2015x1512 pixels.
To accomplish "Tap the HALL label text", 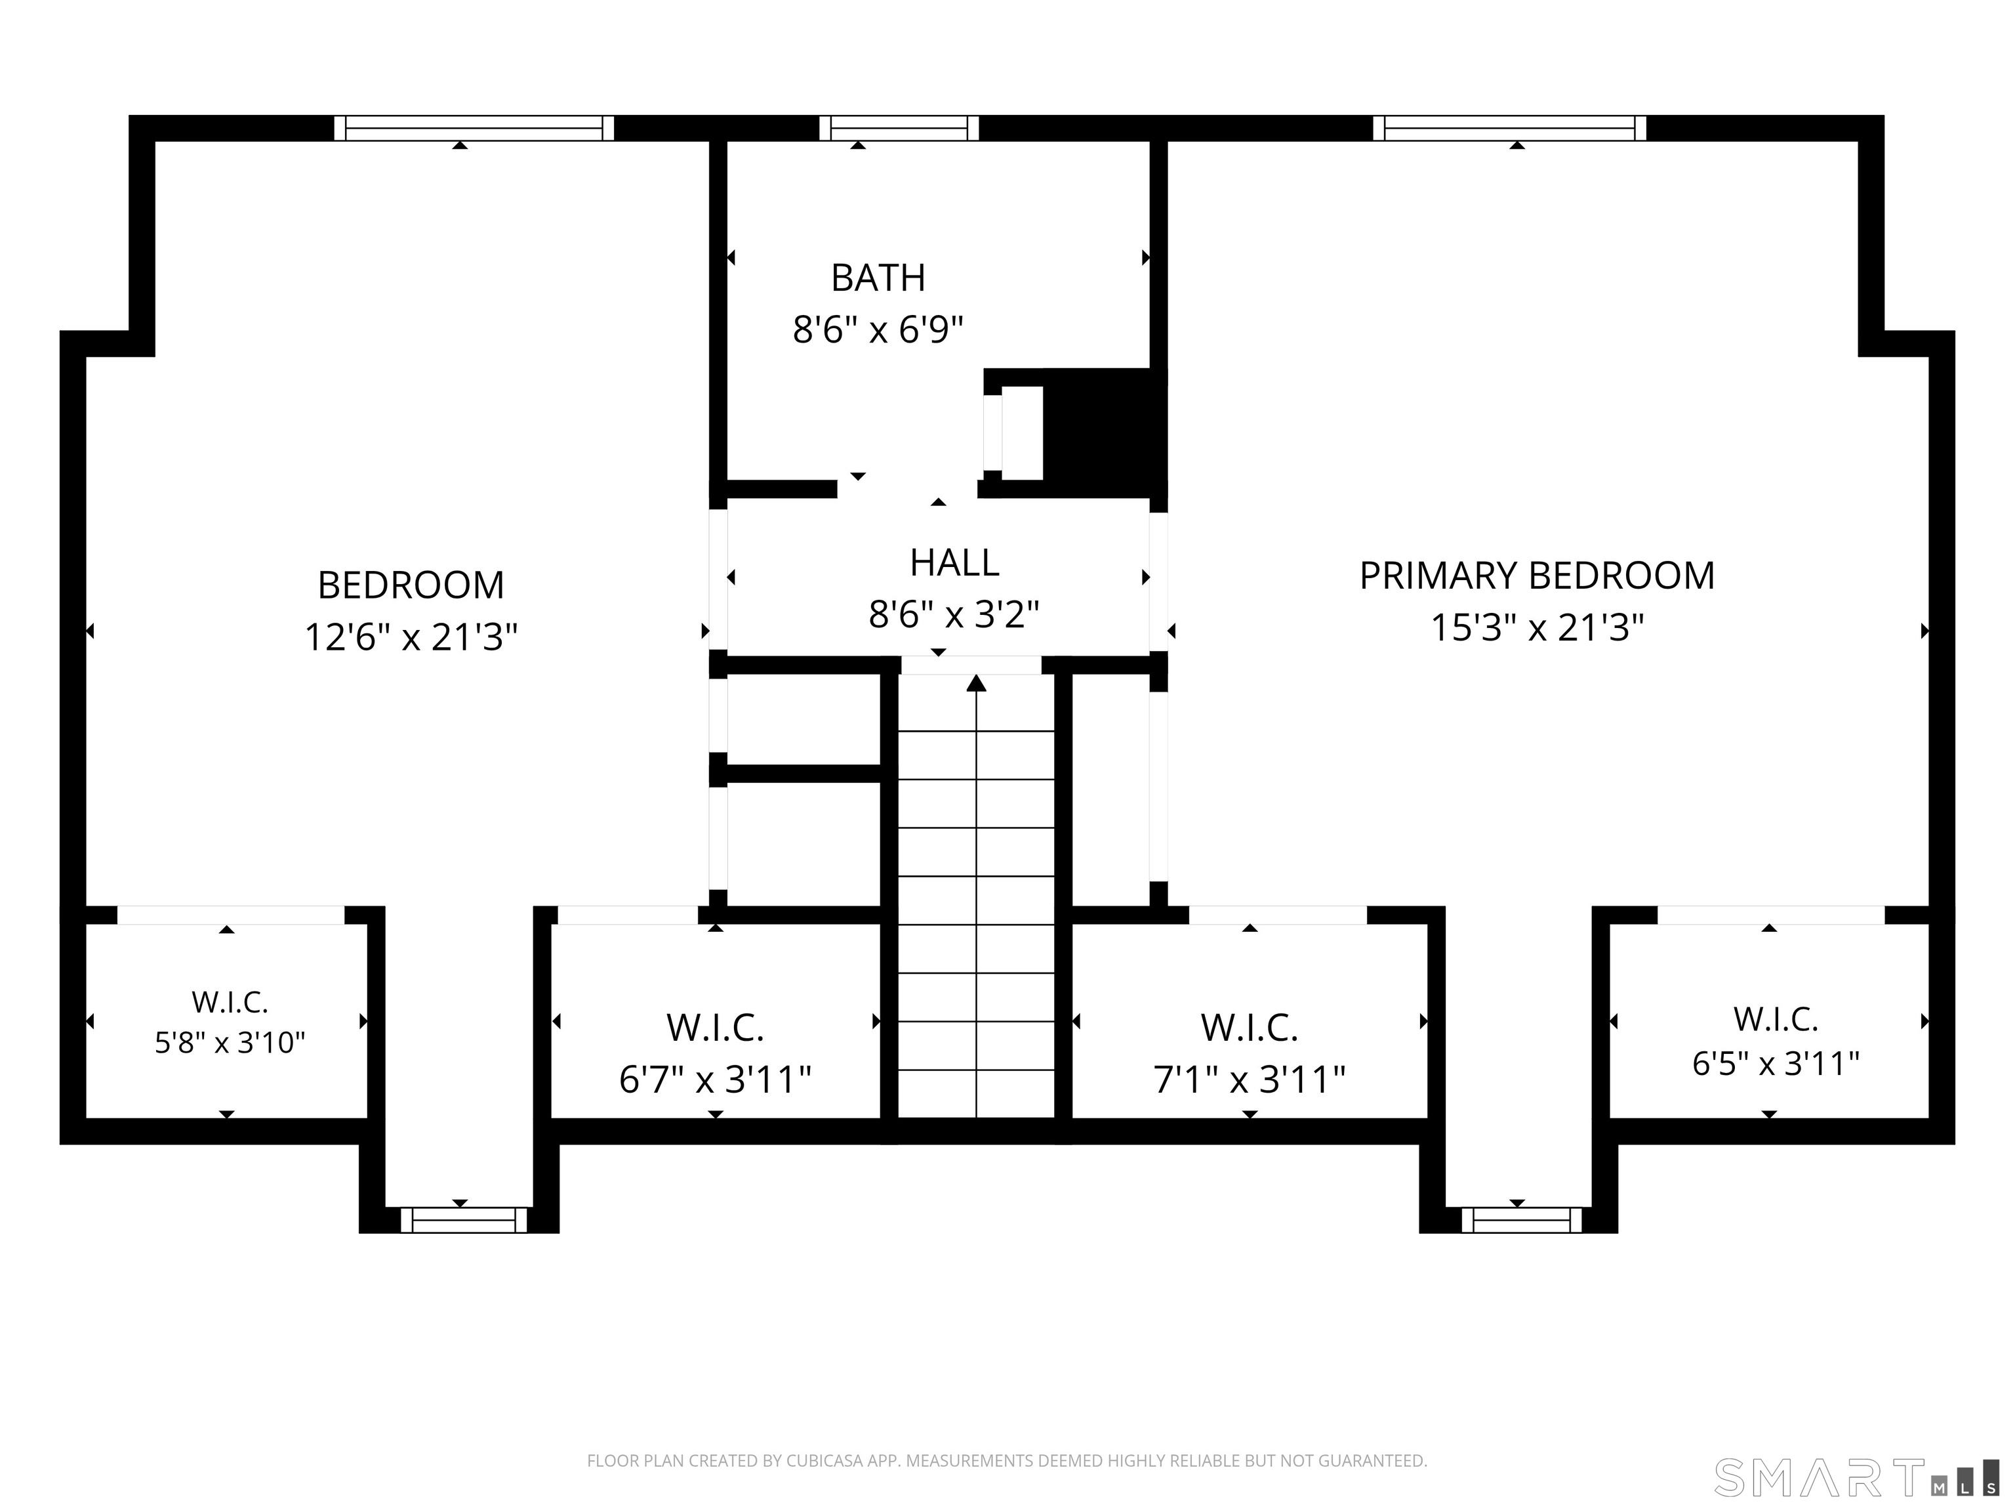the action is pyautogui.click(x=954, y=563).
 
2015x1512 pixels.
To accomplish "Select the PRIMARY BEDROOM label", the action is pyautogui.click(x=1537, y=576).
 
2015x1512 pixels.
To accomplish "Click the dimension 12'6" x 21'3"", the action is pyautogui.click(x=411, y=637).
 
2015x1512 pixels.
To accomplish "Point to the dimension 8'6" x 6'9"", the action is pyautogui.click(x=878, y=329).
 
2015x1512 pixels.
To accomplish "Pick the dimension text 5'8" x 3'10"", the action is pyautogui.click(x=230, y=1041).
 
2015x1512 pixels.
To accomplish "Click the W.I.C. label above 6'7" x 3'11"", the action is pyautogui.click(x=715, y=1028).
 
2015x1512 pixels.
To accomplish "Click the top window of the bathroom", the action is pyautogui.click(x=899, y=129).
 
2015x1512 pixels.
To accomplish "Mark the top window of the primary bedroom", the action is pyautogui.click(x=1509, y=129).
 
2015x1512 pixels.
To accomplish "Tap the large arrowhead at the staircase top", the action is pyautogui.click(x=977, y=684).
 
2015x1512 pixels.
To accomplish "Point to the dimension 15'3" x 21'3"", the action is pyautogui.click(x=1537, y=628).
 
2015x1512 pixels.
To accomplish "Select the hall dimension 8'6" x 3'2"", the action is pyautogui.click(x=954, y=615).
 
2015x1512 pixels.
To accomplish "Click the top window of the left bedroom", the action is pyautogui.click(x=474, y=129).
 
